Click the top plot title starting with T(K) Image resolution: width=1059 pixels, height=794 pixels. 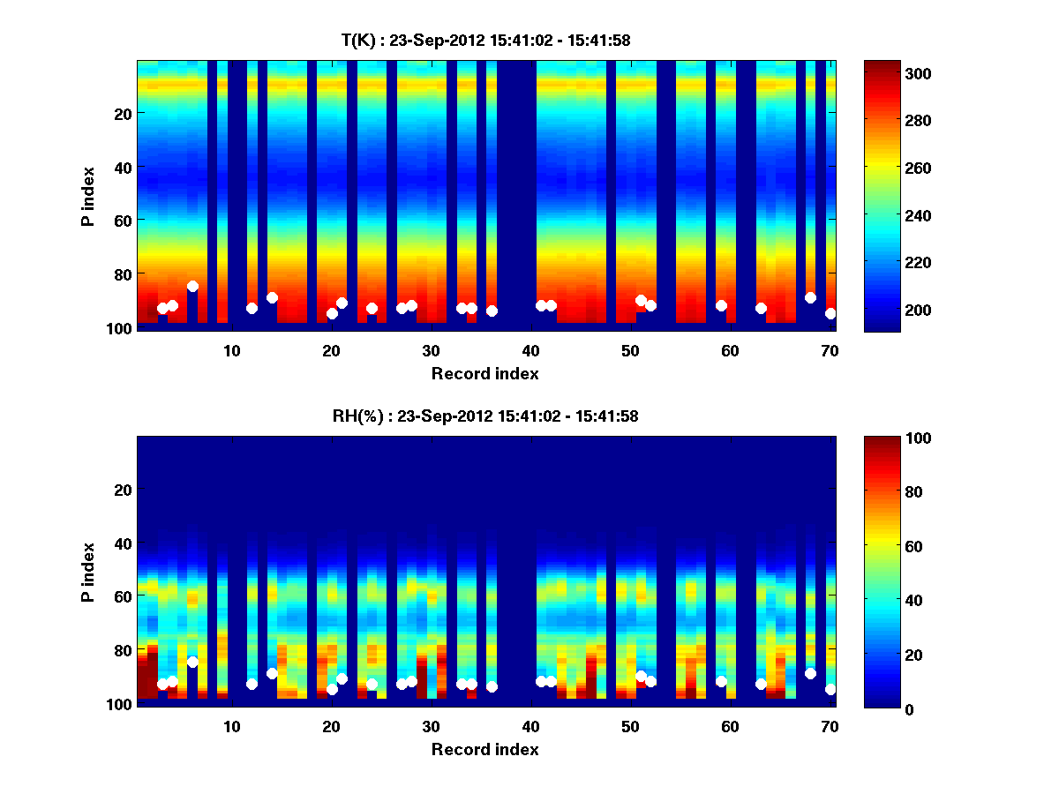click(x=485, y=40)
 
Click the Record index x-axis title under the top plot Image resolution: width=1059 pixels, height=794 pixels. click(x=485, y=374)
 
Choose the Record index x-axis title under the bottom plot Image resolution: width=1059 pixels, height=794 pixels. click(x=485, y=750)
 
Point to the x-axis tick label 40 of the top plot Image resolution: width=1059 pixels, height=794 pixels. click(x=531, y=350)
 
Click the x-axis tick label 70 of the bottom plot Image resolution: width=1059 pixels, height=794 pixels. click(x=830, y=726)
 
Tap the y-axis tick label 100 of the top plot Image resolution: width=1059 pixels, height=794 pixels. click(x=121, y=328)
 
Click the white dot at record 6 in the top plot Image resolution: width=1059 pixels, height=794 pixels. click(x=192, y=286)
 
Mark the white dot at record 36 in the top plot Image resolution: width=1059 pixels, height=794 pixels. click(x=492, y=311)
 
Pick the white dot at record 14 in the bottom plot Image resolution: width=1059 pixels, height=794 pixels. click(x=272, y=673)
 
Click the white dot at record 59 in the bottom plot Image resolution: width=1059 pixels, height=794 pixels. click(x=721, y=681)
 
